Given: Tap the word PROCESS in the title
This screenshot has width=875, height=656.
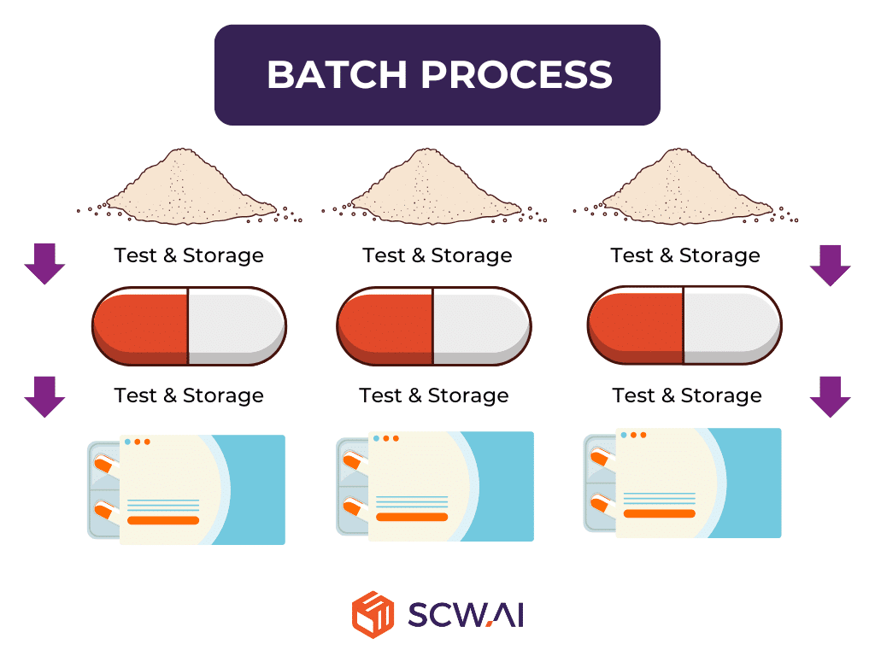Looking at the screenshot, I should click(516, 75).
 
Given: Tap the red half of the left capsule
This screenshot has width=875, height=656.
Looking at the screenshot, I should click(142, 325).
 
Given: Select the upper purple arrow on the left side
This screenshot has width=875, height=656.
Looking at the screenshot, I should click(44, 263).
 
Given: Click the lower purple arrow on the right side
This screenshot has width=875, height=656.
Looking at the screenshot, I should click(830, 395).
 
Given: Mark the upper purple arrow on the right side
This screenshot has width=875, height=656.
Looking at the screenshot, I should click(830, 264).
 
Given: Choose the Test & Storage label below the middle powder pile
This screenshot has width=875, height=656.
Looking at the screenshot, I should click(437, 255).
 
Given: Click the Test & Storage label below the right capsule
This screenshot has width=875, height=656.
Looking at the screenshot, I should click(687, 395).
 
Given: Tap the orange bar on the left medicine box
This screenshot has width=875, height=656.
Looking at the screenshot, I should click(163, 520).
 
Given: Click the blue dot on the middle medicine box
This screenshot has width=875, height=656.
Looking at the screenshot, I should click(375, 438).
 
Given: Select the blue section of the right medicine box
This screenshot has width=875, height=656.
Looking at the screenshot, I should click(752, 483).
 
